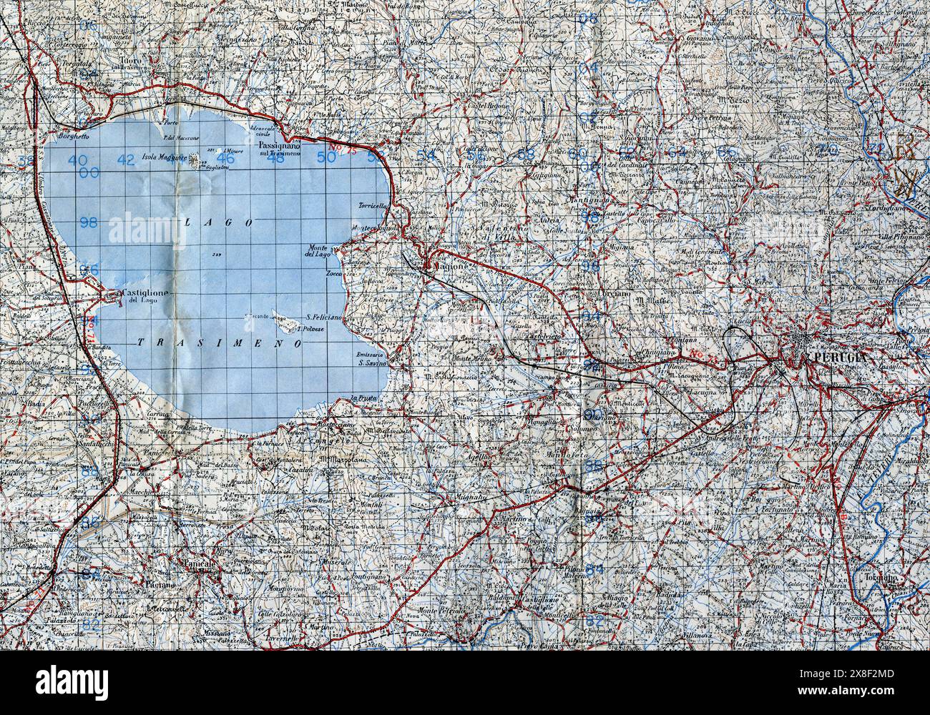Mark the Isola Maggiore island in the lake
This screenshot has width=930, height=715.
coord(197,162)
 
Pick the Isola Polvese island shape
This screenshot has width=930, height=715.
coord(288,326)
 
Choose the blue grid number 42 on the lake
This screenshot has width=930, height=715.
coord(126,159)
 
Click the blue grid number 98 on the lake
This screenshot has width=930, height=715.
coord(89,222)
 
